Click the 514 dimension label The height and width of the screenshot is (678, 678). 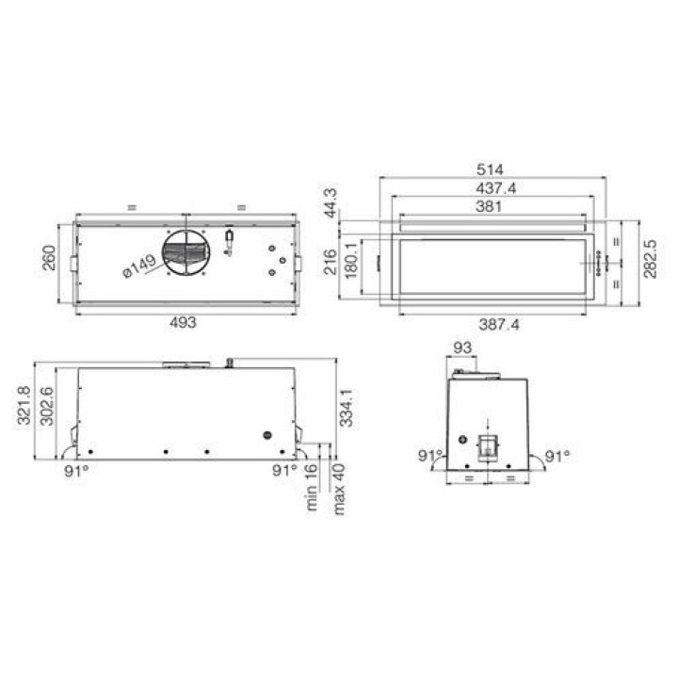pos(490,169)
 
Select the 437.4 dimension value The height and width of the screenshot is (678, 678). pos(496,188)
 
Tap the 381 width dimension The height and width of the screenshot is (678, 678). pos(489,206)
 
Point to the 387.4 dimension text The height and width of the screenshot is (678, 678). pos(499,324)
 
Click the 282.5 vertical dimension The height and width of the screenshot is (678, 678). pos(650,259)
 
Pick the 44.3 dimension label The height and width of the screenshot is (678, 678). pos(331,203)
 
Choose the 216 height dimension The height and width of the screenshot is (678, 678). pos(331,262)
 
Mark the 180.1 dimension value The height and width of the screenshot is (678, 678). pos(351,260)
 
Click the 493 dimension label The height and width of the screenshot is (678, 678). pos(183,323)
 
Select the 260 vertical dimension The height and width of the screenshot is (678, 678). pos(49,258)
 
